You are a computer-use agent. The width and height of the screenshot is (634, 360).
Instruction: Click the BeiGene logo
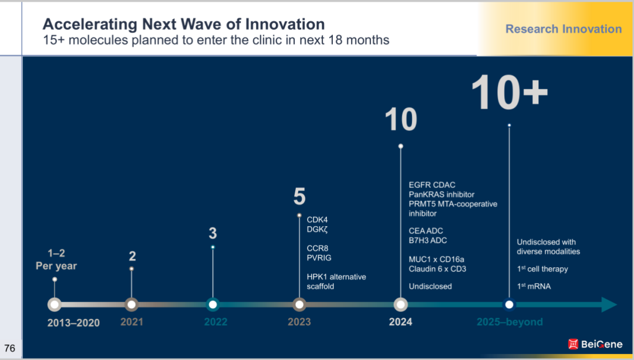tap(595, 344)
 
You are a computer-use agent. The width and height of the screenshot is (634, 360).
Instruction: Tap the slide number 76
tap(9, 348)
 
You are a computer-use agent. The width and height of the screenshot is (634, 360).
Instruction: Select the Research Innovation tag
tap(564, 29)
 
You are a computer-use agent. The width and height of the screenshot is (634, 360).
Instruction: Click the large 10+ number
tap(509, 93)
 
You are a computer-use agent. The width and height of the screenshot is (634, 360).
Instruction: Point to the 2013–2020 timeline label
tap(74, 322)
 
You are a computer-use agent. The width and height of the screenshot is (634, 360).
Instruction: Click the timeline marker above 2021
tap(131, 304)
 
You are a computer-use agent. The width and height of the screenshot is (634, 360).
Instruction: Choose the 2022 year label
tap(215, 322)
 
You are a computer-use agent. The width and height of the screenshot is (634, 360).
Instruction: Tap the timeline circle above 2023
tap(299, 304)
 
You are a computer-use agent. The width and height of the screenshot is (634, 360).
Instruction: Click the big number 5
tap(299, 197)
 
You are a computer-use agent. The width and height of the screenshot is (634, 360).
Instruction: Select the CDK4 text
tap(317, 220)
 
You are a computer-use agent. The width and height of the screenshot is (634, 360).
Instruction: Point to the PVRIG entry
tap(319, 258)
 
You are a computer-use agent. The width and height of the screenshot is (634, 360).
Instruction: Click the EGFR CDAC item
tap(432, 185)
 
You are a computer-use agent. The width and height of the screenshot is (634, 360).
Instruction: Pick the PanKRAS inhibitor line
tap(441, 194)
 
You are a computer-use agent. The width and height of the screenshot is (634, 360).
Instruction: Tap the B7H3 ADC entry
tap(427, 240)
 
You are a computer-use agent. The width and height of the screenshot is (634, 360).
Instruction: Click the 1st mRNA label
tap(534, 286)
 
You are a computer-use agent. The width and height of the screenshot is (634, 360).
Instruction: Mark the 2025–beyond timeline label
tap(509, 322)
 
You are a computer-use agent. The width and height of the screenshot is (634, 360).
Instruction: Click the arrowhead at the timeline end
tap(609, 304)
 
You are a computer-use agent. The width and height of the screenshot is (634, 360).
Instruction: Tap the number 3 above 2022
tap(213, 233)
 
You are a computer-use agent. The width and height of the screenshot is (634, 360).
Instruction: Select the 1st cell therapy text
tap(542, 269)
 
